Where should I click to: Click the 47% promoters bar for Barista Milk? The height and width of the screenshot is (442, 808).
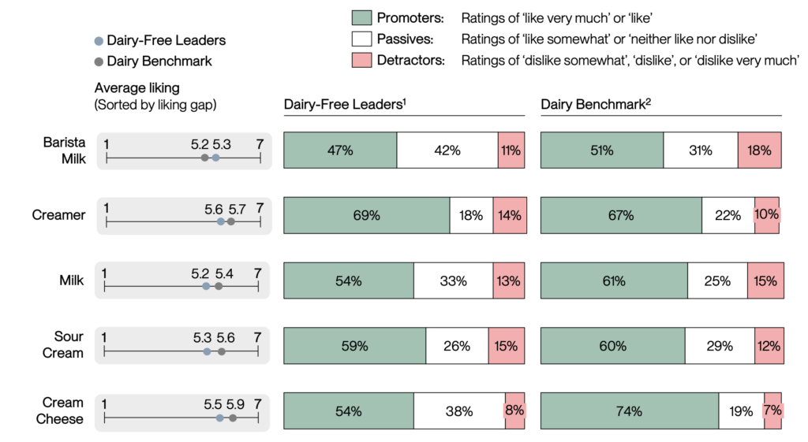point(340,150)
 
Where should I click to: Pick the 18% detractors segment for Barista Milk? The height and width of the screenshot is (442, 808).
point(759,150)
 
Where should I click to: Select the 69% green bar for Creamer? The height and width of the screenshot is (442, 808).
point(366,215)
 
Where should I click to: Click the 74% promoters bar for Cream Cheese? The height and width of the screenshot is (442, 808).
point(629,410)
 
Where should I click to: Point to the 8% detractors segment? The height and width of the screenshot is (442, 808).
point(514,410)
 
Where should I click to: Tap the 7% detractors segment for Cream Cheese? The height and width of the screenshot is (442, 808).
point(772,410)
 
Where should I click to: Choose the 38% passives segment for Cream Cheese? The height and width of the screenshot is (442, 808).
point(459,410)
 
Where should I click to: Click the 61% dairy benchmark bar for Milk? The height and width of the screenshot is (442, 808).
point(614,280)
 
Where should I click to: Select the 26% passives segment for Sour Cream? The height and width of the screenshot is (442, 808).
point(457,346)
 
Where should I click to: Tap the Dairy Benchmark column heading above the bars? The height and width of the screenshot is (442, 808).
point(596,104)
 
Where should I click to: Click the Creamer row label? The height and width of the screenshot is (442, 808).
point(59,215)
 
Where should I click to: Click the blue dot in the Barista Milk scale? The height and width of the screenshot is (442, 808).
point(215,158)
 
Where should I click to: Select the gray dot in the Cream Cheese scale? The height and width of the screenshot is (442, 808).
point(233,418)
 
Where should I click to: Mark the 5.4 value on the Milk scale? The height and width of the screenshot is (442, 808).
point(224,273)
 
